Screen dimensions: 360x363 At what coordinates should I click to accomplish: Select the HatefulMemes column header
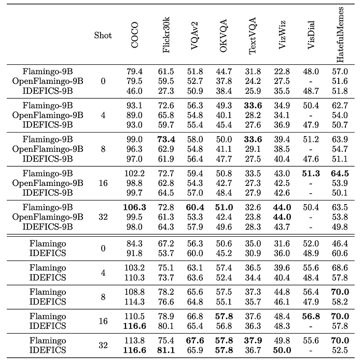point(340,34)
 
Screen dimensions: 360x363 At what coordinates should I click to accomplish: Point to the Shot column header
point(103,36)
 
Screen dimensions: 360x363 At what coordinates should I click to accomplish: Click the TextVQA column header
point(253,37)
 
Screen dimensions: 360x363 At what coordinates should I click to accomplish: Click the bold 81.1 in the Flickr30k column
point(165,350)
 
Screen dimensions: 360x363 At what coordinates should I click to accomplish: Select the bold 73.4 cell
point(165,140)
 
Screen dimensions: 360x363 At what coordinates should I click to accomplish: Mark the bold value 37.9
point(253,341)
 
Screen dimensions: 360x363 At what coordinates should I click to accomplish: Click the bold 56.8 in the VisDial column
point(310,316)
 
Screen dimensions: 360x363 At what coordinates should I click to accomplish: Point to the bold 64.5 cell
point(340,174)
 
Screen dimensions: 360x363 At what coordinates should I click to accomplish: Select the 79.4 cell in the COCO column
point(135,71)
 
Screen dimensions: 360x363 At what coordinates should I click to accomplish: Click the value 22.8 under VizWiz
point(282,71)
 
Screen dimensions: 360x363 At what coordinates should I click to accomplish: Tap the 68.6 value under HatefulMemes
point(340,267)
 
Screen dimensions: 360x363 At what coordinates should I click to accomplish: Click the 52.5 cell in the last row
point(340,350)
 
